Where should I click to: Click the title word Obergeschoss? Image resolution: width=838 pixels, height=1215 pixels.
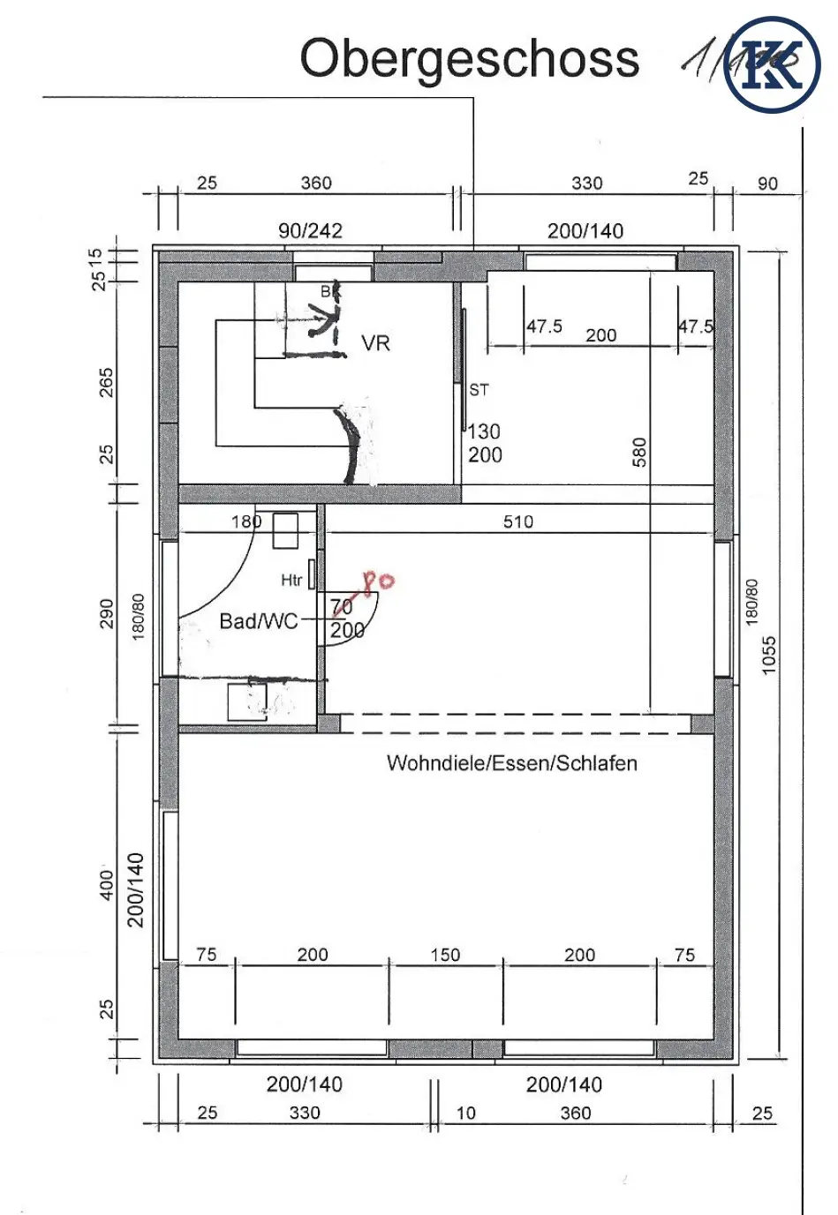click(469, 59)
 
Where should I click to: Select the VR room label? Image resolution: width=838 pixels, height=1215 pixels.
click(375, 343)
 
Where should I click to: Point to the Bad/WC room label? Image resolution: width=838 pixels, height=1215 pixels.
click(258, 621)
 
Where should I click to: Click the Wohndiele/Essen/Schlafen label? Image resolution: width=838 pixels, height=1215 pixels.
click(511, 763)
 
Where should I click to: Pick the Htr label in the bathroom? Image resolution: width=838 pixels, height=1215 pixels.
click(291, 580)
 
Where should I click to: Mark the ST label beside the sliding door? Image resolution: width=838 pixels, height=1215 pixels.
click(479, 389)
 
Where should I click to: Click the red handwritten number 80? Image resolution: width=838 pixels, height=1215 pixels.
click(378, 581)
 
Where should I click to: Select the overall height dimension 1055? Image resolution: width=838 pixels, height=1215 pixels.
click(769, 655)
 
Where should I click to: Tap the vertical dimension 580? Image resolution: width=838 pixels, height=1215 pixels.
click(639, 452)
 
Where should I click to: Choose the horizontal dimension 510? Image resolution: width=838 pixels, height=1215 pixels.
click(518, 521)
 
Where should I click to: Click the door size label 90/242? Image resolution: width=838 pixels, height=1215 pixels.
click(310, 230)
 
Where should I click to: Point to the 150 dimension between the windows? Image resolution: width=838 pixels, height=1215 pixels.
click(445, 955)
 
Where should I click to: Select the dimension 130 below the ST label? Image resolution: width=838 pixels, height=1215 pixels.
click(484, 431)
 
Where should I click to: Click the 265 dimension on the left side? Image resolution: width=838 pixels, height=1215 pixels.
click(106, 382)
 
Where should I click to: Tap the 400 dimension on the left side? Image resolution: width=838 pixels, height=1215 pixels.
click(106, 885)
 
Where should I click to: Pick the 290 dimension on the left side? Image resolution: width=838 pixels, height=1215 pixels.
click(106, 613)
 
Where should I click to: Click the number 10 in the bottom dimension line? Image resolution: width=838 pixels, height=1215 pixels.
click(465, 1113)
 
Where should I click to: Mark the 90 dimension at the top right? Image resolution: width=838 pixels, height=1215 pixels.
click(767, 184)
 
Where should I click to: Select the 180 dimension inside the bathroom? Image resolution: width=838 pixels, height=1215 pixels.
click(246, 521)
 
